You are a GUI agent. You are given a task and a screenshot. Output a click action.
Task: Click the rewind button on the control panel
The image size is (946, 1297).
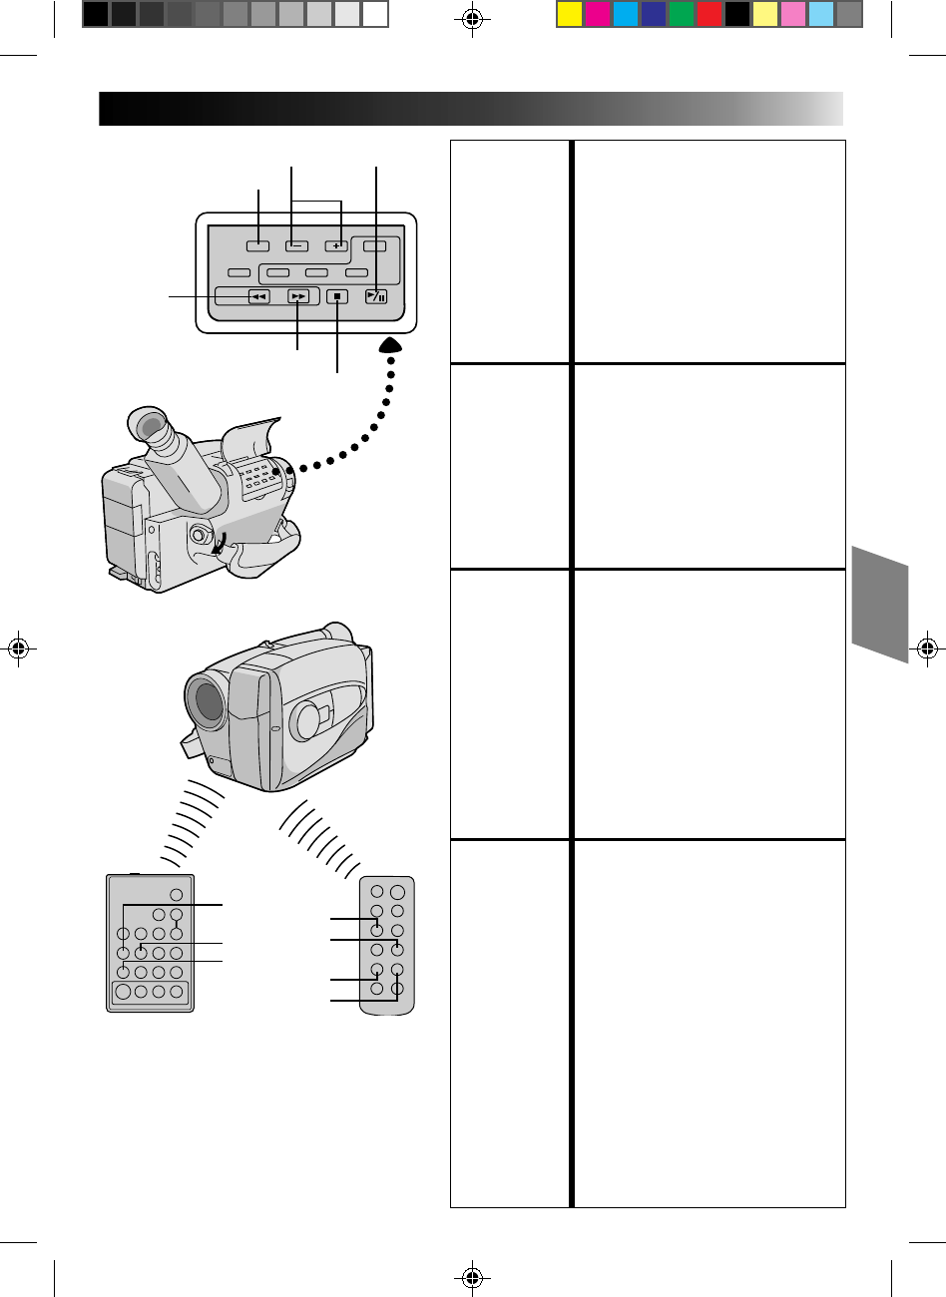(258, 296)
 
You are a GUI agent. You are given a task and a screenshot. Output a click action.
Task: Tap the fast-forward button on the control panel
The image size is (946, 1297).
(298, 296)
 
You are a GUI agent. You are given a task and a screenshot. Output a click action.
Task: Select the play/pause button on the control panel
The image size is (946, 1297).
(375, 296)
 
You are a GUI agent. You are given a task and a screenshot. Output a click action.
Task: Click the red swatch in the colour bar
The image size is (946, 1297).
(709, 14)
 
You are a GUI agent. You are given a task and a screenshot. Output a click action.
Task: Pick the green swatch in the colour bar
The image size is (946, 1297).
(682, 14)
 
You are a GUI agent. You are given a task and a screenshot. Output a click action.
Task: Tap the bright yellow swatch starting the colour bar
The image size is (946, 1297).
(570, 14)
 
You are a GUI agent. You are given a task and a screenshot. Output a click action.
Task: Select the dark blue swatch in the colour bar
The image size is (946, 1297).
(654, 14)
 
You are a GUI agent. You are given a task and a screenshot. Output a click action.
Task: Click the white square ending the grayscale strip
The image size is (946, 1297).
(374, 14)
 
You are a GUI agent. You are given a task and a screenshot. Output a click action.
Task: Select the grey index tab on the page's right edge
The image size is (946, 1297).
(880, 604)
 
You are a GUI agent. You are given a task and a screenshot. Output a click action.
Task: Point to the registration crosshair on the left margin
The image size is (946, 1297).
(18, 648)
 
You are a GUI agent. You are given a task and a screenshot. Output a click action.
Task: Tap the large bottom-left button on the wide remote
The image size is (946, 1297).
(123, 992)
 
